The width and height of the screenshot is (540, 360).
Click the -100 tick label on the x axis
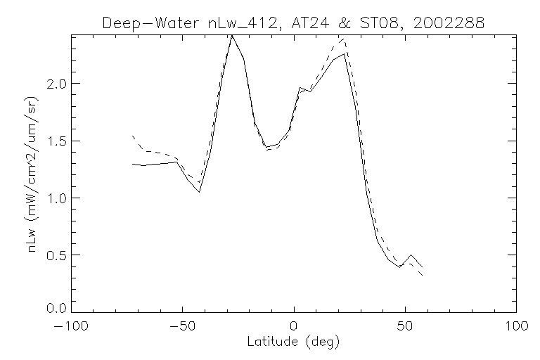(x=72, y=327)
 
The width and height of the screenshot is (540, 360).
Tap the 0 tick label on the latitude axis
(x=294, y=327)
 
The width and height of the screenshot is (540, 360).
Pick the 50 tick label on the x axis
(x=406, y=327)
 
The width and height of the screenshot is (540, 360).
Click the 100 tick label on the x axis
(x=517, y=327)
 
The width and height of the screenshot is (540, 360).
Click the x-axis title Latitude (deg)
(x=294, y=342)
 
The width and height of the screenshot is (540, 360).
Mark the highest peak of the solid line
(x=232, y=35)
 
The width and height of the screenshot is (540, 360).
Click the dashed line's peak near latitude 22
(x=344, y=39)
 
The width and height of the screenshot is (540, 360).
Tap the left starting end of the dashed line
(x=132, y=135)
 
